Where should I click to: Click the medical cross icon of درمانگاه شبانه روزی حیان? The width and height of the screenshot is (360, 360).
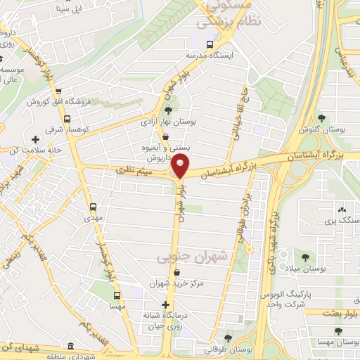(x=166, y=305)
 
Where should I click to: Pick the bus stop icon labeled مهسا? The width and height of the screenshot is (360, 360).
(x=116, y=296)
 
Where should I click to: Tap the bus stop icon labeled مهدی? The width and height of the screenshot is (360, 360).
(x=93, y=207)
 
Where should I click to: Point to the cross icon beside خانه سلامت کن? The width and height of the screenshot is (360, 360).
(x=35, y=140)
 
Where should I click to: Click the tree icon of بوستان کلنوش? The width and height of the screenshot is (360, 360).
(x=322, y=117)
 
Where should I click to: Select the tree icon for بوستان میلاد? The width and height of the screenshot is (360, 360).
(x=305, y=257)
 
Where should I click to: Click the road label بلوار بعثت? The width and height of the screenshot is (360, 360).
(x=342, y=312)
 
